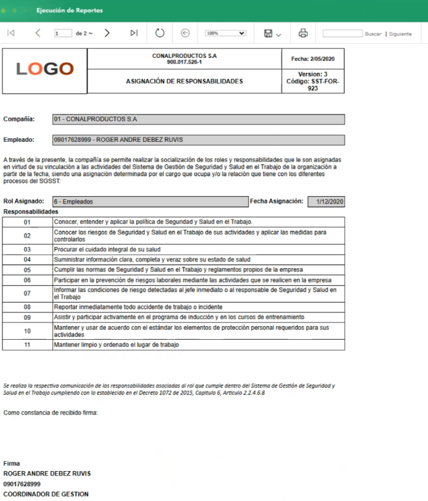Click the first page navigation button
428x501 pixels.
tap(11, 33)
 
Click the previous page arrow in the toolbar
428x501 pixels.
tap(38, 33)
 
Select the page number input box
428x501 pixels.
tap(63, 34)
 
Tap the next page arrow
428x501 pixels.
tap(107, 33)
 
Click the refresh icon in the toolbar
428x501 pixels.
tap(159, 33)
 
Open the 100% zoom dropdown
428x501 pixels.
tap(225, 33)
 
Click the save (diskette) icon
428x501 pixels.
tap(269, 33)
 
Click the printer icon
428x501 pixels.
tap(303, 33)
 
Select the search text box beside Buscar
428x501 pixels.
tap(342, 34)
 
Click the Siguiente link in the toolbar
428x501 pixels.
tap(401, 34)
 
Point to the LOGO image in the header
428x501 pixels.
tap(45, 69)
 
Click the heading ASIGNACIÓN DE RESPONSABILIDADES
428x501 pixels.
tap(184, 81)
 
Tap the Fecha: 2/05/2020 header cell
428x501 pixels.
tap(313, 59)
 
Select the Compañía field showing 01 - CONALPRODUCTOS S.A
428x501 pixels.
tap(198, 119)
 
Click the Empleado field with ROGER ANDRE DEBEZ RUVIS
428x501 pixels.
tap(198, 140)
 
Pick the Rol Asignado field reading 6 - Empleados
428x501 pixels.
tap(150, 202)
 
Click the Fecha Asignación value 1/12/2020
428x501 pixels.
tap(326, 202)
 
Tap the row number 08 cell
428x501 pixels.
tap(27, 307)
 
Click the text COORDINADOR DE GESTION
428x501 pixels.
tap(46, 494)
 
